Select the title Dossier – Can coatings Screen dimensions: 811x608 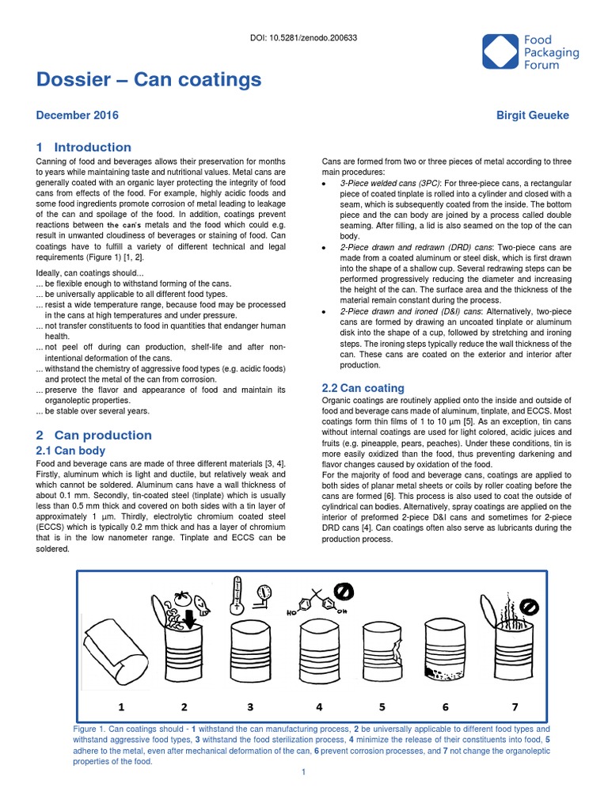pyautogui.click(x=149, y=80)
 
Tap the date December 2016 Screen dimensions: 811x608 pyautogui.click(x=78, y=116)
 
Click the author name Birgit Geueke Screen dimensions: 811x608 pyautogui.click(x=531, y=116)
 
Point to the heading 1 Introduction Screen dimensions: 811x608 pyautogui.click(x=84, y=147)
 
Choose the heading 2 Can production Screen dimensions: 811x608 pyautogui.click(x=94, y=435)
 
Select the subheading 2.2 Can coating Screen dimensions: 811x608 pyautogui.click(x=363, y=388)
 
